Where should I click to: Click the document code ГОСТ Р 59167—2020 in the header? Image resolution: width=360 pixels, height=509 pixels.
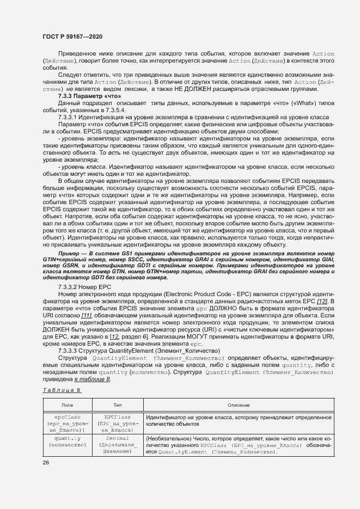tap(72, 36)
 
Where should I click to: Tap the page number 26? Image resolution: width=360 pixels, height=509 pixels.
tap(46, 463)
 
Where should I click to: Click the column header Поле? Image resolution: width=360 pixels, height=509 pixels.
tap(68, 405)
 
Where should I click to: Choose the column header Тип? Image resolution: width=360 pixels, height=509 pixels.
tap(117, 405)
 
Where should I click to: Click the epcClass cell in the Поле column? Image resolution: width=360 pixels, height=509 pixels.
tap(68, 417)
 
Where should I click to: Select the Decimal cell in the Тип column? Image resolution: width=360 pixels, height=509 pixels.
tap(117, 438)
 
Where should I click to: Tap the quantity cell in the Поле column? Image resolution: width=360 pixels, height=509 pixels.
tap(68, 438)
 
